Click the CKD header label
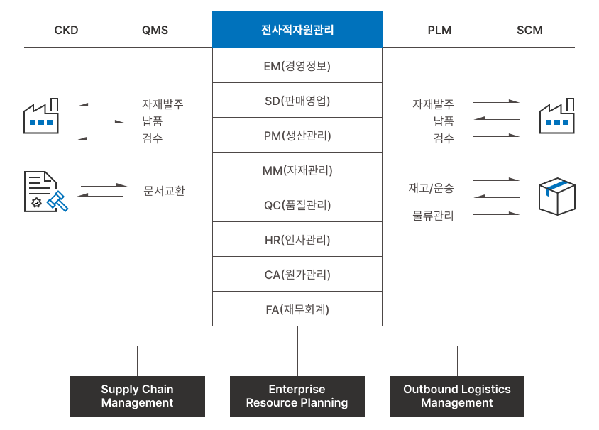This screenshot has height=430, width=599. [66, 31]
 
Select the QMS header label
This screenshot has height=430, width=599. [155, 31]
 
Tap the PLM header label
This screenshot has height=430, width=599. [439, 31]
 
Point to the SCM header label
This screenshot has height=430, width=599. [529, 31]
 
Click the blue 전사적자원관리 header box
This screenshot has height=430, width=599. [297, 30]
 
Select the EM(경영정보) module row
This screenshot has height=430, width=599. [297, 66]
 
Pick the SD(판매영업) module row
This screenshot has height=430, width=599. [297, 100]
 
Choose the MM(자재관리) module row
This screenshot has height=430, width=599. [297, 170]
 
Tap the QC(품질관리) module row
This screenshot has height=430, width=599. [297, 205]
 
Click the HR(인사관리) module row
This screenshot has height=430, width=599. [297, 240]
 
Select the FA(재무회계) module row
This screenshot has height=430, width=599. [297, 309]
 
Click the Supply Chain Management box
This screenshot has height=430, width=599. [137, 396]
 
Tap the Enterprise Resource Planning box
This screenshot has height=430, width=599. [297, 396]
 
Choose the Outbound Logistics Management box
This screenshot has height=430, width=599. [456, 396]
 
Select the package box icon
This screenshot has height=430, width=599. [556, 196]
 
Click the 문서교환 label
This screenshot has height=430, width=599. [164, 191]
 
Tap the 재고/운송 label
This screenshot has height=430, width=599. [431, 189]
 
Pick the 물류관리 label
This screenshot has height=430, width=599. [433, 215]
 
